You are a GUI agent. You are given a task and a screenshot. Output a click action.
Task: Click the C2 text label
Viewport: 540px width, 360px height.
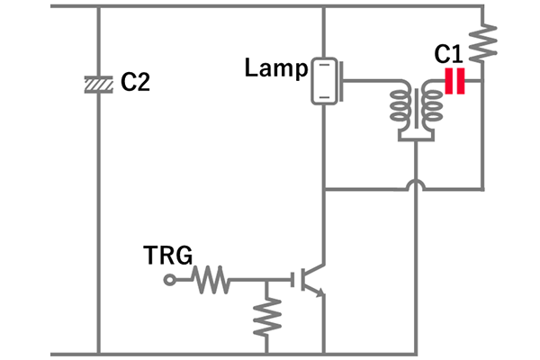(135, 83)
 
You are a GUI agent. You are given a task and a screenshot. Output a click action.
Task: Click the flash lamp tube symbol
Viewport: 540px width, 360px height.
(322, 81)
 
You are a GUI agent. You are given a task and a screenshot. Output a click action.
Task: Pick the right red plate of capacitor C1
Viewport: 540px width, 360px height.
(462, 83)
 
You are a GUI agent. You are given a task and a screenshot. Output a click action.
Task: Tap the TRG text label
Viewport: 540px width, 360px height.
(169, 256)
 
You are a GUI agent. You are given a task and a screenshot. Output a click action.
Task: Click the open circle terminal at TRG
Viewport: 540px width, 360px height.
(169, 281)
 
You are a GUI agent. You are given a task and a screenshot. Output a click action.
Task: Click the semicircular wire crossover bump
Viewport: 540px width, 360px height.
(415, 187)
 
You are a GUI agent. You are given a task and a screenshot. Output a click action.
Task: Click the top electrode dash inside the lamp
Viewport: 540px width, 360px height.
(322, 66)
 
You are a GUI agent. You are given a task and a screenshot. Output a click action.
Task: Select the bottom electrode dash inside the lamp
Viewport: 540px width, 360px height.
(322, 95)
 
